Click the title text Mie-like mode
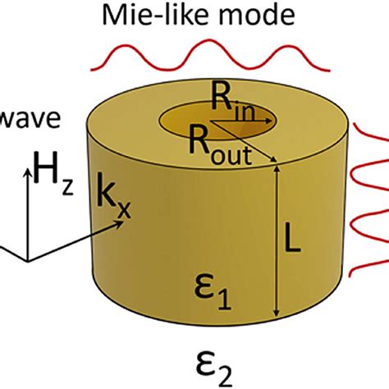pyautogui.click(x=194, y=14)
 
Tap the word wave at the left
pyautogui.click(x=28, y=118)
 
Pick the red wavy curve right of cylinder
pyautogui.click(x=368, y=205)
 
